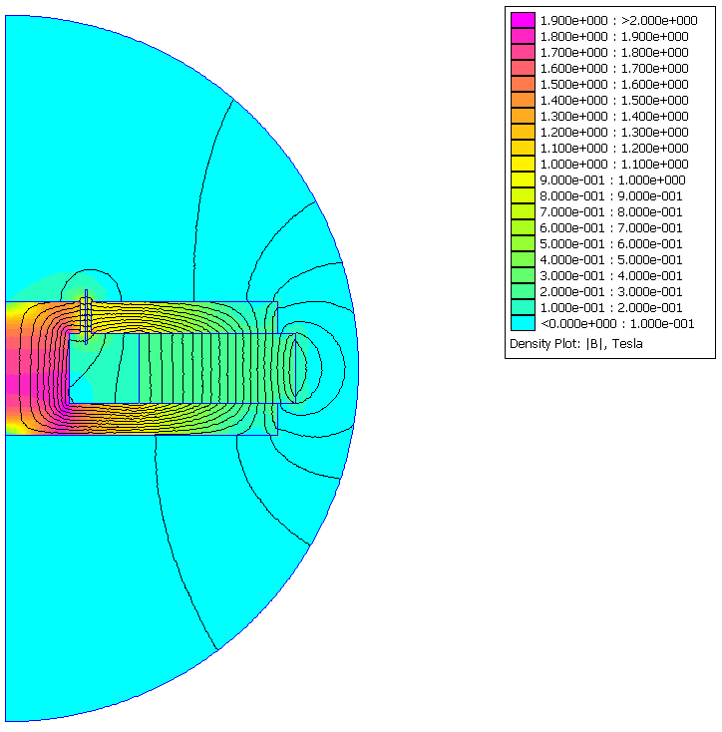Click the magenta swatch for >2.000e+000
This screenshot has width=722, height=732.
pos(523,20)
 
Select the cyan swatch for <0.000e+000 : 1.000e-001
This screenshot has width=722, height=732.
pos(523,323)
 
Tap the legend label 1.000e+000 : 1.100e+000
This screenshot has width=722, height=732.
pos(613,164)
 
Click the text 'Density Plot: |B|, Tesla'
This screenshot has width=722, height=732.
pos(576,344)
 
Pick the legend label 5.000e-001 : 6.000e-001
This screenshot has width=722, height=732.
pos(610,243)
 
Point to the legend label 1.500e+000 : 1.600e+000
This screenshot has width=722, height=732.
pos(613,84)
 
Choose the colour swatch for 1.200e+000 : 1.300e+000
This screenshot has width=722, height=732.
pos(523,132)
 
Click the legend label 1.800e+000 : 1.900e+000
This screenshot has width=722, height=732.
pos(613,36)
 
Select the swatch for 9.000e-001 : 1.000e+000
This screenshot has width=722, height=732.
pos(523,180)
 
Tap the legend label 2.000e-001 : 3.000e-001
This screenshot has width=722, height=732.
pos(610,291)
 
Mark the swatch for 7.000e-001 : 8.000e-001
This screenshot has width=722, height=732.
pos(523,211)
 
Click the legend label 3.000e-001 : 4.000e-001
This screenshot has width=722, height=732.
pos(610,275)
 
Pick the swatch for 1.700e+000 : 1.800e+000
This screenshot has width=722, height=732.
pos(523,52)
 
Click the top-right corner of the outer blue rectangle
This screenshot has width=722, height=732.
pos(277,301)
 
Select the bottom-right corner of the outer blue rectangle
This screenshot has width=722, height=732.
pos(277,435)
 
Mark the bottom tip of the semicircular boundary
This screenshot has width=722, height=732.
pos(6,720)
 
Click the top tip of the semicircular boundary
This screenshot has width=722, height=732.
pos(6,16)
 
